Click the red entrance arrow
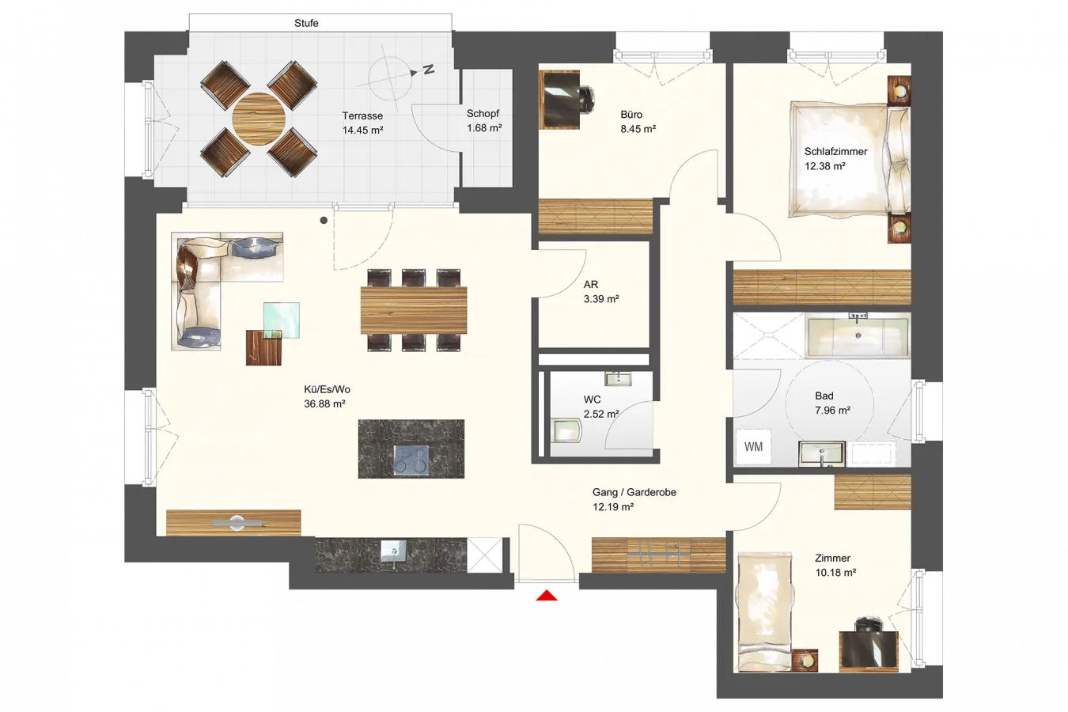pos(547,595)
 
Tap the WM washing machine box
pos(753,447)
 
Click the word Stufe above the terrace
pos(306,23)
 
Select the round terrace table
pos(259,119)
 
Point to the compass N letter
pos(429,70)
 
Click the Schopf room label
pos(483,113)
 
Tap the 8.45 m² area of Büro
pos(638,129)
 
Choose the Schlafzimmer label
pos(835,152)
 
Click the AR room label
pos(591,285)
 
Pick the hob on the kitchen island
pos(411,460)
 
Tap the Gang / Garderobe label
pos(634,492)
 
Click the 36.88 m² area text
pos(324,404)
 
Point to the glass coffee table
pos(282,320)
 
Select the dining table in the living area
pos(414,310)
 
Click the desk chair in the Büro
pos(586,100)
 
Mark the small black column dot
pos(324,220)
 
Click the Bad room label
pos(824,396)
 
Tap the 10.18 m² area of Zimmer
pos(835,573)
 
